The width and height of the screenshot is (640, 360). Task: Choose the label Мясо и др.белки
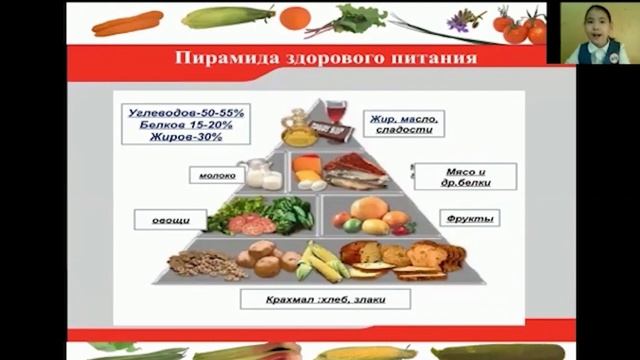pos(465,176)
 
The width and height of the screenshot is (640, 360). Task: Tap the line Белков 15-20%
pos(179,127)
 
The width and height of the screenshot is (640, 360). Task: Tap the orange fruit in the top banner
pos(295,18)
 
